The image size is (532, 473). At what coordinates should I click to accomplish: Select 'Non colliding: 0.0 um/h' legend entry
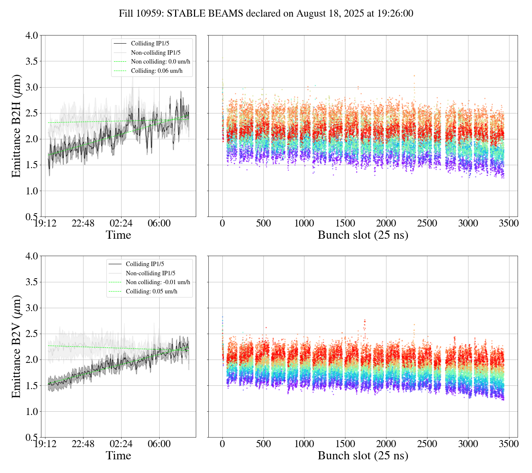[x=163, y=62]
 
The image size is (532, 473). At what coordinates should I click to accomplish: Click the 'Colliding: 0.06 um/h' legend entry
[x=157, y=71]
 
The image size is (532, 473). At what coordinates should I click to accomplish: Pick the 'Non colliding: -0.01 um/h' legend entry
[x=158, y=282]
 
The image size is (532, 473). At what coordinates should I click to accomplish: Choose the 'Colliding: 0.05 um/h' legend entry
[x=151, y=292]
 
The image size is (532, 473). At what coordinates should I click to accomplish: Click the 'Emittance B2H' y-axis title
[x=16, y=126]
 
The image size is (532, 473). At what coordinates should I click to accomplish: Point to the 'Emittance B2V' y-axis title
[x=16, y=347]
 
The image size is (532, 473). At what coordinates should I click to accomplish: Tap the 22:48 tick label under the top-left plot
[x=83, y=224]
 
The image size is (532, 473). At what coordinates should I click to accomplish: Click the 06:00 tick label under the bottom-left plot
[x=159, y=444]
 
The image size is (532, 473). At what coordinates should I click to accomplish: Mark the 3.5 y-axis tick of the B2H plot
[x=31, y=61]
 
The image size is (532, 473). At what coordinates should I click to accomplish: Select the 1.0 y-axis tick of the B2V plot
[x=31, y=412]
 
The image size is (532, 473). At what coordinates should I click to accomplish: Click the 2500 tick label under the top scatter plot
[x=427, y=224]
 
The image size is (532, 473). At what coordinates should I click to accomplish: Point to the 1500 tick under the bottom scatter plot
[x=345, y=444]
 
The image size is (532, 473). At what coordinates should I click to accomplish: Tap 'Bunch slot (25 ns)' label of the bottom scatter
[x=363, y=456]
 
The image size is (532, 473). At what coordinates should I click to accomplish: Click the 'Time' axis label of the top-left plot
[x=118, y=235]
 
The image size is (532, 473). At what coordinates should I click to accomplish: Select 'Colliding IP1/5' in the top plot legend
[x=148, y=44]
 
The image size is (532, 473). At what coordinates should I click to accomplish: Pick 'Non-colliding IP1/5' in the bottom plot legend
[x=150, y=273]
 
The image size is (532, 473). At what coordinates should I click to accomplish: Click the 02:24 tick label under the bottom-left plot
[x=121, y=444]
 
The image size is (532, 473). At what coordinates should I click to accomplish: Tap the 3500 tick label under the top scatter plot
[x=509, y=224]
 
